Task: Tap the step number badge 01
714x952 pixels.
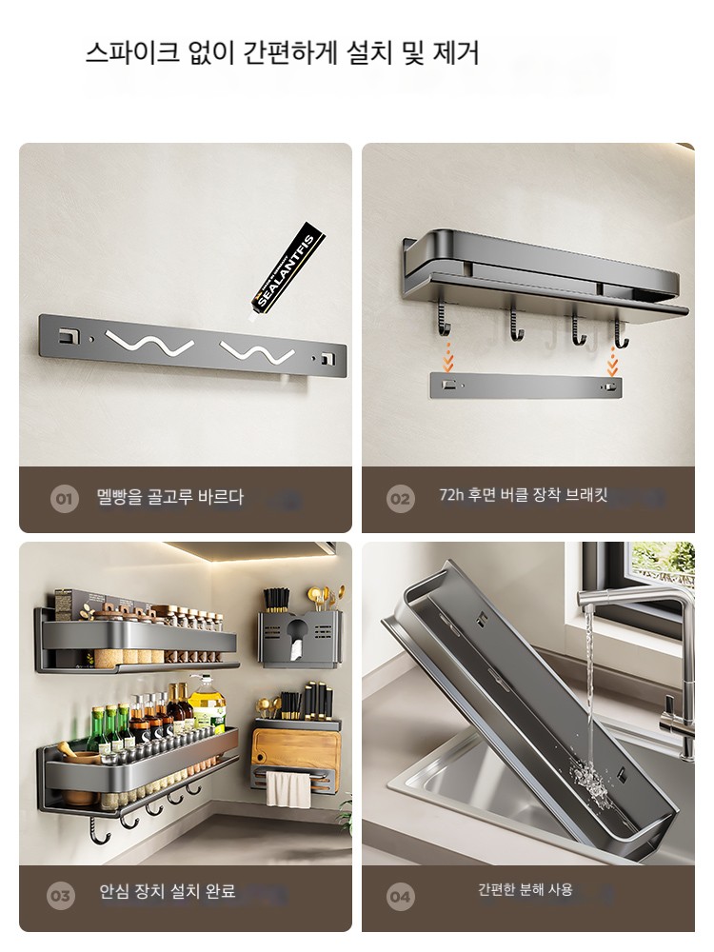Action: click(x=64, y=499)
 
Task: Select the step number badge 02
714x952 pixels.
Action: click(x=400, y=499)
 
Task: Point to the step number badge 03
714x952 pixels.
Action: click(x=61, y=896)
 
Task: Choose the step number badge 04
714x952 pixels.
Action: click(x=400, y=896)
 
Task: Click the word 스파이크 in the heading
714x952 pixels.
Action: click(x=132, y=52)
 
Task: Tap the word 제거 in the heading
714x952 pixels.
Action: click(x=456, y=52)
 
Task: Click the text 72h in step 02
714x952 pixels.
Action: click(x=451, y=495)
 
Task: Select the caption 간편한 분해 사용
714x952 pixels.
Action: click(x=526, y=889)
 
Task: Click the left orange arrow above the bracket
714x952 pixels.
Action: click(x=448, y=357)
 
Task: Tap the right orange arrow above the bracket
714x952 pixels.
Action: click(x=612, y=360)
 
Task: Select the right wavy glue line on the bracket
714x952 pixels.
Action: click(x=257, y=351)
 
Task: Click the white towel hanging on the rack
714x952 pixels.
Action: click(x=288, y=788)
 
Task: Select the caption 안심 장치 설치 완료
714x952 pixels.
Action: click(x=168, y=891)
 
